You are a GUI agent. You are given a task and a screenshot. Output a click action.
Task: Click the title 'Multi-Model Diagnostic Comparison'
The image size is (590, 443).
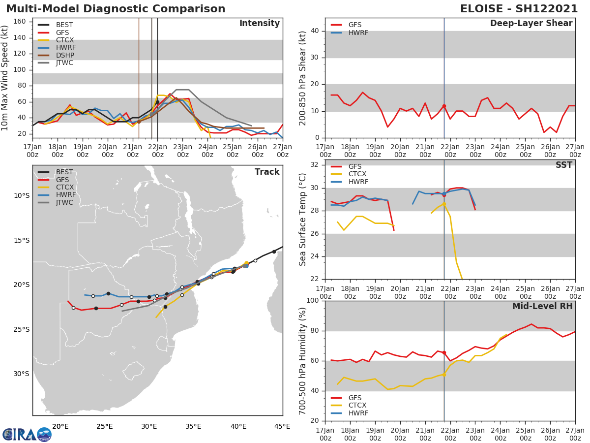coord(116,9)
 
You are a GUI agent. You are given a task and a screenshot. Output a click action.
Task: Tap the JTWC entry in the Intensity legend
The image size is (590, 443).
coord(64,63)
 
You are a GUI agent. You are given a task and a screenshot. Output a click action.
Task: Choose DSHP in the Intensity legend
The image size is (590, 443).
coord(64,55)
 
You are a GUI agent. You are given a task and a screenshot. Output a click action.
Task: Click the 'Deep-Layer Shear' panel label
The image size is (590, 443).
coord(531,24)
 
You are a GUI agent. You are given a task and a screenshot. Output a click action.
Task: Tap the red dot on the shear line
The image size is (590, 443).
coord(444,106)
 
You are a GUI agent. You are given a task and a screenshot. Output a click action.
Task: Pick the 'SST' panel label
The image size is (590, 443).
coord(563,165)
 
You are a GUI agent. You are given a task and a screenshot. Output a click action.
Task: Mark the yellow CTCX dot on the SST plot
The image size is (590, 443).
coord(444,204)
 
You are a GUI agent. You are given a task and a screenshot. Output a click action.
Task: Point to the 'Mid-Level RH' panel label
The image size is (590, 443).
coord(542,306)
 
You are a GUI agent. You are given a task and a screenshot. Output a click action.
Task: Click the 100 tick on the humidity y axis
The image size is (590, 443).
coord(312,301)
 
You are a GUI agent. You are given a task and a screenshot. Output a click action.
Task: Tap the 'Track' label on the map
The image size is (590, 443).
coord(266,172)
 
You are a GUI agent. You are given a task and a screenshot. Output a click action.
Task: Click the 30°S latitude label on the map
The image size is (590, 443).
coord(21,374)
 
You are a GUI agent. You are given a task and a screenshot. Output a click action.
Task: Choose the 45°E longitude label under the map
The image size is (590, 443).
coord(282,426)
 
